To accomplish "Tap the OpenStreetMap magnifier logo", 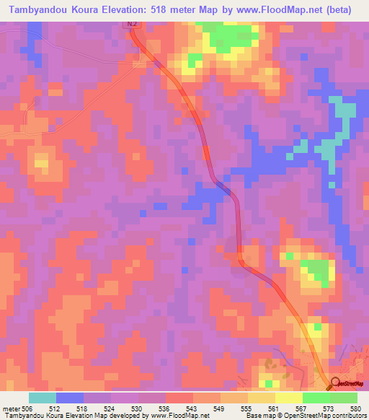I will click(x=334, y=382).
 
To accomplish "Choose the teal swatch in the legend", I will click(x=42, y=398).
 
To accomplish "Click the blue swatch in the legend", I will click(x=69, y=398).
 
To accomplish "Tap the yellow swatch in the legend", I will click(x=288, y=398).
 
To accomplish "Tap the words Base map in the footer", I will click(x=257, y=416).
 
